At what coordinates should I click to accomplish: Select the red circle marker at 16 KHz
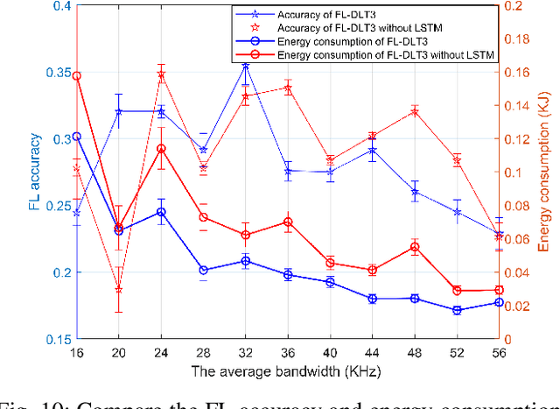tap(76, 76)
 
